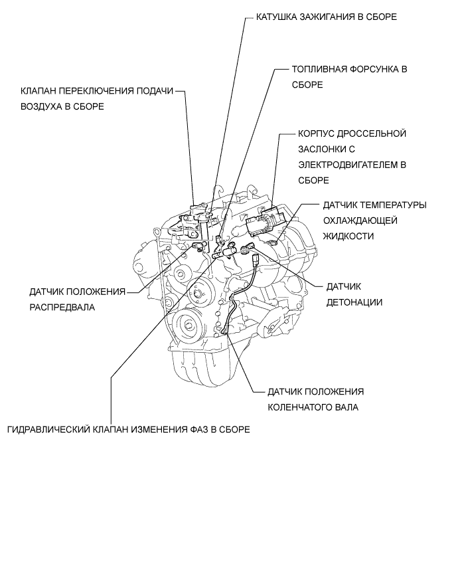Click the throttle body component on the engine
(264, 221)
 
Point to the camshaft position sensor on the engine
(197, 246)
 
